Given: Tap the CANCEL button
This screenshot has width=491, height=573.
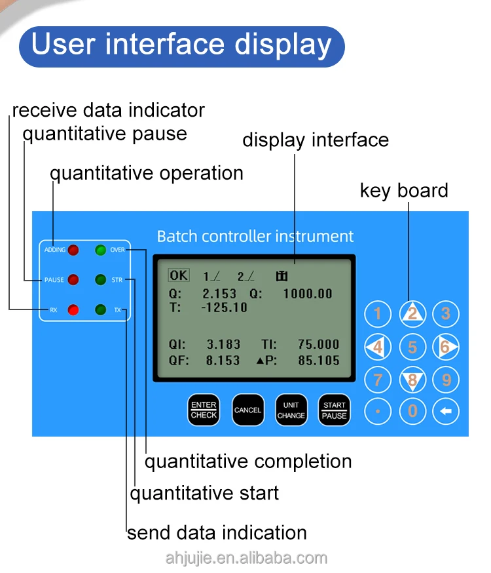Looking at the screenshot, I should [x=247, y=410].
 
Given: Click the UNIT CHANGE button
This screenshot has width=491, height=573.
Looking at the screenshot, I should [x=291, y=410].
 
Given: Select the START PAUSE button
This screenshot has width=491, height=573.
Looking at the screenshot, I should [x=334, y=410].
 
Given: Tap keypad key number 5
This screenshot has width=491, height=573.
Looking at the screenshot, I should [x=412, y=346].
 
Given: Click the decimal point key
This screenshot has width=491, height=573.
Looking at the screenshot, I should [x=378, y=412].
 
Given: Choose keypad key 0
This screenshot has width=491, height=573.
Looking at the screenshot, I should [x=412, y=412].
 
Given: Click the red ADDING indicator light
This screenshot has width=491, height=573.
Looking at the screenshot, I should [x=73, y=250].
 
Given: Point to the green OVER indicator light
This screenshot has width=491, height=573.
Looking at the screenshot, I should [x=100, y=250].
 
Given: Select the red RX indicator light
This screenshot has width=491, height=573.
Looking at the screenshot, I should [x=73, y=309].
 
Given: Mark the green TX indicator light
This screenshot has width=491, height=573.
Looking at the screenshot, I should [x=100, y=309].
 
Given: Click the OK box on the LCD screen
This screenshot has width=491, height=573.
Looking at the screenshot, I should [x=178, y=275].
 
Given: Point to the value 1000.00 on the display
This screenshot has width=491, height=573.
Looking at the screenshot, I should [x=308, y=294].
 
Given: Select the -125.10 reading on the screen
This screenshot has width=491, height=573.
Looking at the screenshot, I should [x=224, y=307].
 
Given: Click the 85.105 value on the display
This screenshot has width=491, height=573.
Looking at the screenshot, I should [x=318, y=360].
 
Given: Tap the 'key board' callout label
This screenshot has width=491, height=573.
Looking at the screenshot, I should [x=404, y=191].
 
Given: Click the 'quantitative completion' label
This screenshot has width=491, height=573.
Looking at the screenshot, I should [x=248, y=462].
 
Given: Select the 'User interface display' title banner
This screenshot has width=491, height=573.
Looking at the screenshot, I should [x=181, y=46].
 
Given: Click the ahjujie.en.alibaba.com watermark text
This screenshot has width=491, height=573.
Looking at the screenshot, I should [x=246, y=558].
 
